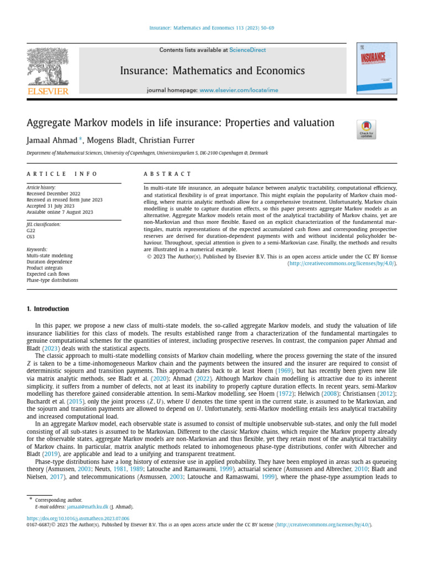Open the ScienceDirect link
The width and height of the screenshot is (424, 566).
pos(247,50)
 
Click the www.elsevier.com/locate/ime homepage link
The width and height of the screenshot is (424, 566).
pos(239,90)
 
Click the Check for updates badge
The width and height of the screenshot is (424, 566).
pos(367,129)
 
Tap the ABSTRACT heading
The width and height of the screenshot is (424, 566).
pos(167,174)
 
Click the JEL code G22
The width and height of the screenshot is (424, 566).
pos(31,231)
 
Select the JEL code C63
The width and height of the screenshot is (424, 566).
pos(31,237)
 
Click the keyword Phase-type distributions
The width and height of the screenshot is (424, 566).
pos(52,280)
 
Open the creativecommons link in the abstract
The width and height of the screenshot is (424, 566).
pos(342,264)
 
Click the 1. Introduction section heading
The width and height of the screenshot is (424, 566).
pos(48,309)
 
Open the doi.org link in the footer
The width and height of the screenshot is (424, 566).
pos(78,519)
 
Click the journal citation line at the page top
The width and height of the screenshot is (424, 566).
pos(211,28)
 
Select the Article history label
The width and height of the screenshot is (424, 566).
pos(41,187)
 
